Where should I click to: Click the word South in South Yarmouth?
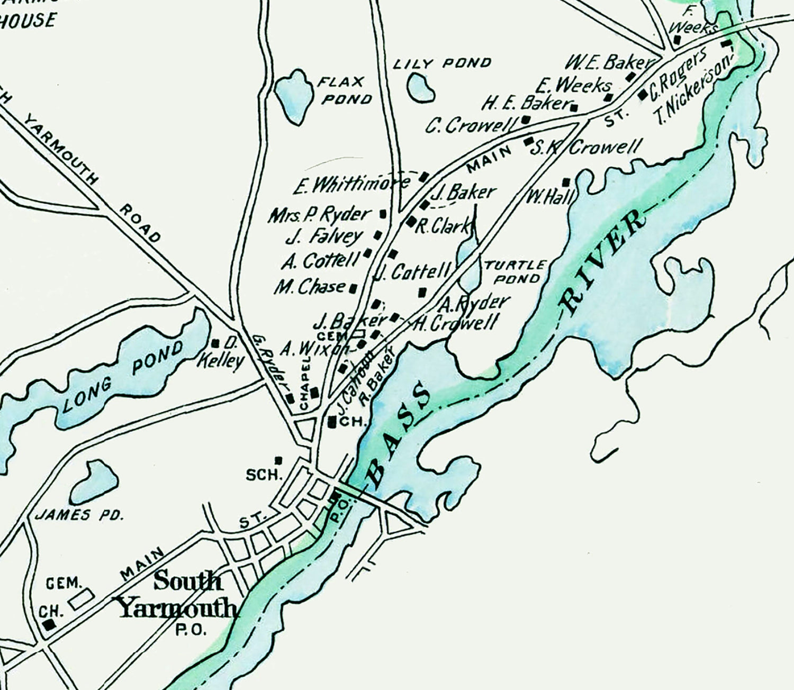pos(187,582)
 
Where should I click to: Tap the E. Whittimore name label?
pos(351,185)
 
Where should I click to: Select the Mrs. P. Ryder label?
pos(319,215)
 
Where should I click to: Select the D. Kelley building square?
pos(215,344)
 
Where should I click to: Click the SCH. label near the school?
pos(263,475)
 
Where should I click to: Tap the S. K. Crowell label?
pos(585,148)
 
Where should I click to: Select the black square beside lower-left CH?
pos(49,625)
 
